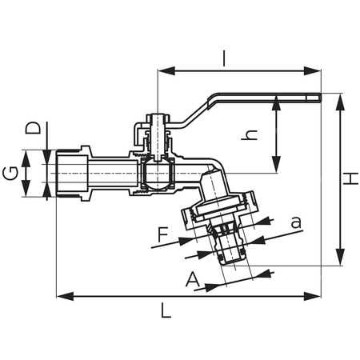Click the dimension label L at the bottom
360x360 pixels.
[x=166, y=311]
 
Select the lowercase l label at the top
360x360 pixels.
[x=226, y=58]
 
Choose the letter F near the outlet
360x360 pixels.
[x=164, y=235]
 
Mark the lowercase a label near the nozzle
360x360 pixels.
[x=296, y=222]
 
